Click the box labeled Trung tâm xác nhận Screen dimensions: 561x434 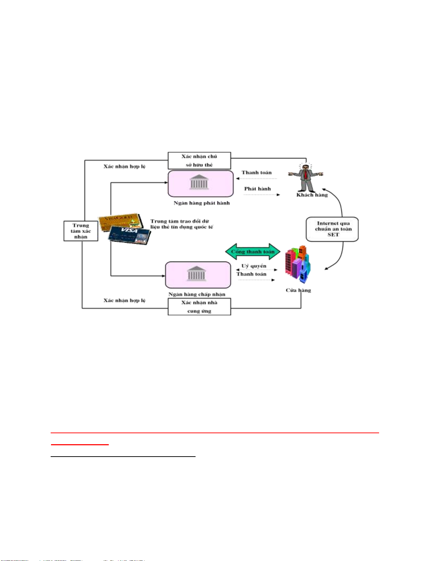pyautogui.click(x=81, y=231)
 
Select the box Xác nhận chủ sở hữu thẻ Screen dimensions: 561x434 pyautogui.click(x=199, y=161)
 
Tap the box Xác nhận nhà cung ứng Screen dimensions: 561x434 pyautogui.click(x=199, y=307)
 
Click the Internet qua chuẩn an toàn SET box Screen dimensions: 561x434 pyautogui.click(x=332, y=229)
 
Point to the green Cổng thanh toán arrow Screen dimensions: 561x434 pyautogui.click(x=253, y=252)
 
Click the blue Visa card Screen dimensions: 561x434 pyautogui.click(x=130, y=235)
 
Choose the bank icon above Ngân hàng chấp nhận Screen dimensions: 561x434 pyautogui.click(x=197, y=274)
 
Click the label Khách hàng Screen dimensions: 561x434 pyautogui.click(x=312, y=195)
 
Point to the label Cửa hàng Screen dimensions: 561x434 pyautogui.click(x=298, y=291)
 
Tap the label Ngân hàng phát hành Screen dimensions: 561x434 pyautogui.click(x=202, y=203)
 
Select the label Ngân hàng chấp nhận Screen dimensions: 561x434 pyautogui.click(x=197, y=294)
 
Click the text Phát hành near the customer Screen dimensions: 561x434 pyautogui.click(x=257, y=189)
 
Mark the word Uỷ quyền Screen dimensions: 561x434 pyautogui.click(x=254, y=266)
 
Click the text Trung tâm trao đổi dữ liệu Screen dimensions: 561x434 pyautogui.click(x=181, y=224)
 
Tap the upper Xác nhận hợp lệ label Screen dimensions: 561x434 pyautogui.click(x=124, y=166)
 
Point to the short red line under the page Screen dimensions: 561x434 pyautogui.click(x=80, y=445)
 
